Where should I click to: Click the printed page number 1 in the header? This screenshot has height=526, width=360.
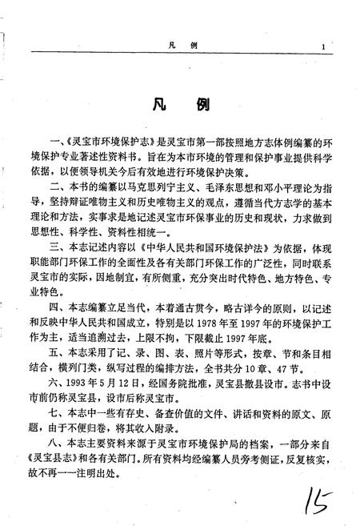pos(318,47)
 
